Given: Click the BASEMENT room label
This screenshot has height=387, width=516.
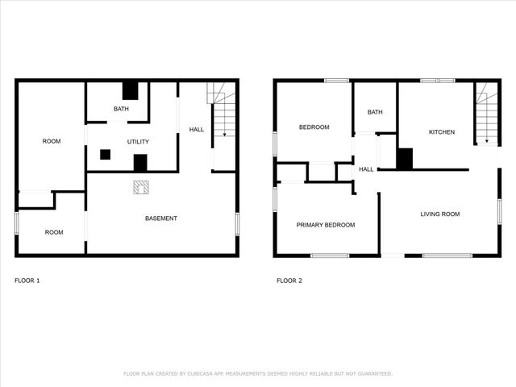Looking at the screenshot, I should pos(161,218).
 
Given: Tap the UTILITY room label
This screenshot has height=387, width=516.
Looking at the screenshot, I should pos(138,142).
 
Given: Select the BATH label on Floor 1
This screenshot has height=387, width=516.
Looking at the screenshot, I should pos(121,109).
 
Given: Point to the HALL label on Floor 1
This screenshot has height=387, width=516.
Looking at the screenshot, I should pos(197,130).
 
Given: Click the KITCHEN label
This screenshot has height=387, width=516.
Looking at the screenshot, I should pos(441,132).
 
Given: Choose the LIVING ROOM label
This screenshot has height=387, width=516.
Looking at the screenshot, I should pos(439,214).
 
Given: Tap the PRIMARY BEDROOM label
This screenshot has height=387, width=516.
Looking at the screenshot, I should pos(326,225).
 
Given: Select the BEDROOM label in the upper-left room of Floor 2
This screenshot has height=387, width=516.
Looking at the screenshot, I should pos(314,127).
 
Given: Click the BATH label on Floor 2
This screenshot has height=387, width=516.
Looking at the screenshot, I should pos(375,112).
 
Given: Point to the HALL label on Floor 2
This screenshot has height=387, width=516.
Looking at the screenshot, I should pos(366,169).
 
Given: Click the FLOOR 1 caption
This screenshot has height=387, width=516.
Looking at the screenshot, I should pos(27,281).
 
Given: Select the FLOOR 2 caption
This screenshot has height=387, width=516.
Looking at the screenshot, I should pos(289,281).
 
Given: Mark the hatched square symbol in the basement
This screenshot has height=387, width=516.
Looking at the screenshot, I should pos(140,187).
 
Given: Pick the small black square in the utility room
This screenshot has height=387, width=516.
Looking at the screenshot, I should pos(105,154).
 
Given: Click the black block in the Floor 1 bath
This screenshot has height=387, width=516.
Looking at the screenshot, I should pos(131,90).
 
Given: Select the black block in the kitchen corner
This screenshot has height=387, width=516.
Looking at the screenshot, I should pos(405,159).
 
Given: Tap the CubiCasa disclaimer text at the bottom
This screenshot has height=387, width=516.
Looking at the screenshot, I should pos(258,373).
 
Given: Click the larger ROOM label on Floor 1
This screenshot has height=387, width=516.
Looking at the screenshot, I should pos(52,142).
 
